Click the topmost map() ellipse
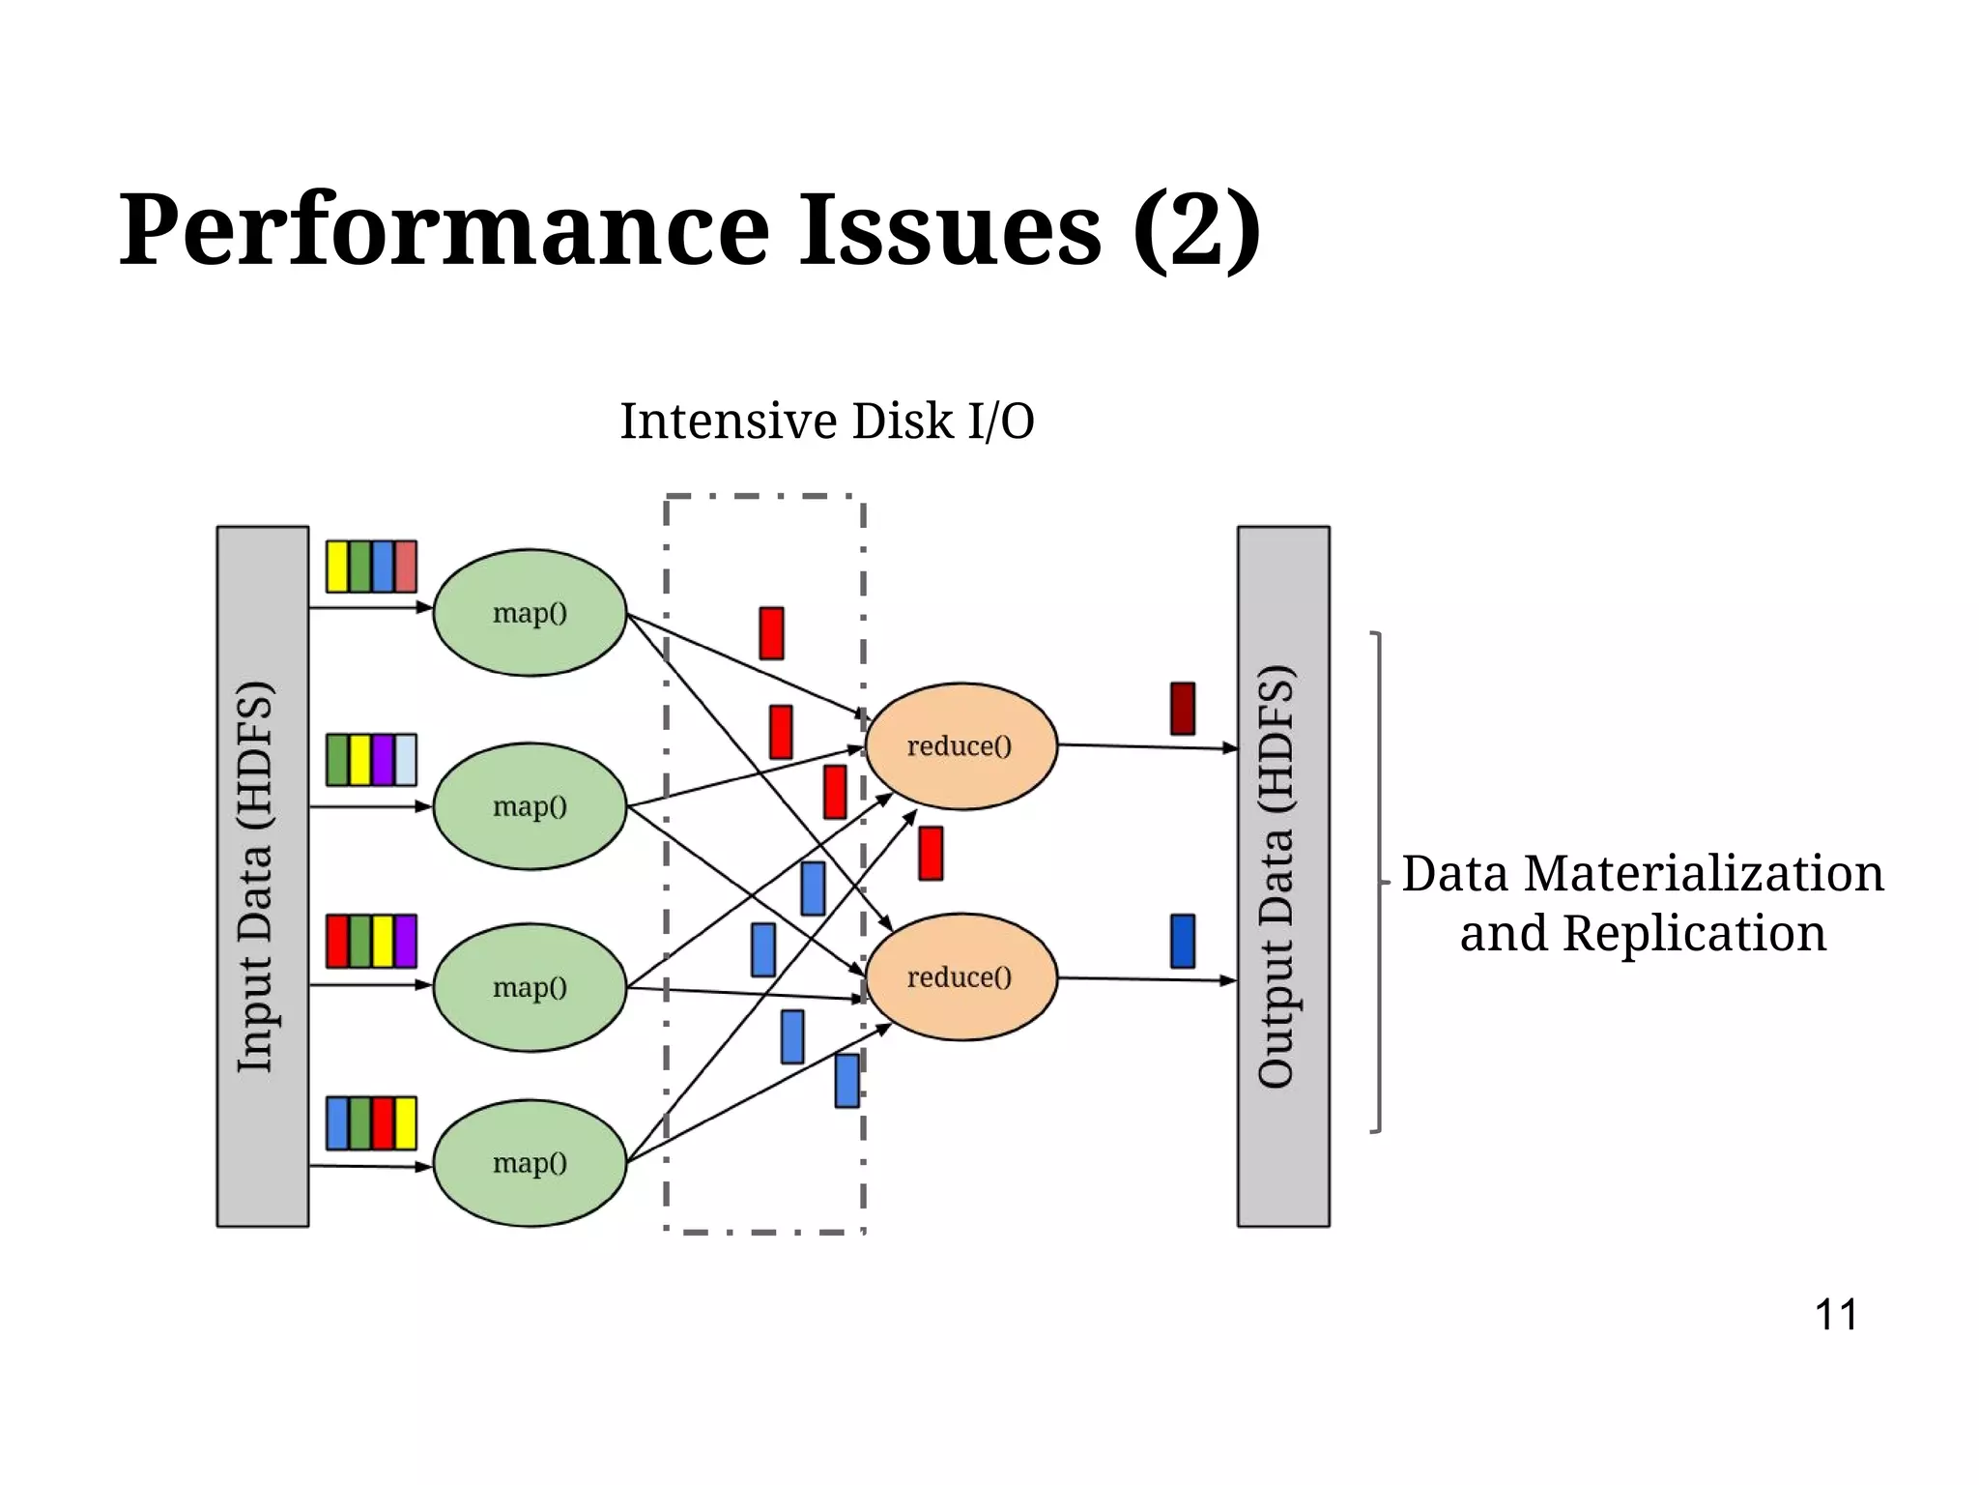(x=530, y=612)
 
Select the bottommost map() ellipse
(x=530, y=1162)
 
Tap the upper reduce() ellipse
(x=961, y=745)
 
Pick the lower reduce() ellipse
(x=961, y=976)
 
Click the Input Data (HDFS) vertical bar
(x=262, y=876)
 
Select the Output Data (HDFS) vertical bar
(x=1282, y=876)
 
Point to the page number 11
(x=1835, y=1315)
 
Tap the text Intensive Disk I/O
(x=826, y=422)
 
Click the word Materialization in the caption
(x=1704, y=874)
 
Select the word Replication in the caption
(x=1694, y=934)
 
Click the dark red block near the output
(x=1182, y=708)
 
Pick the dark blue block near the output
(x=1182, y=941)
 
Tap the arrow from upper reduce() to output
(x=1147, y=746)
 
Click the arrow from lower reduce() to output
(x=1147, y=979)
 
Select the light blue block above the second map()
(x=406, y=759)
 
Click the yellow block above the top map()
(x=336, y=567)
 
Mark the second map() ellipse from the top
(x=530, y=805)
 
